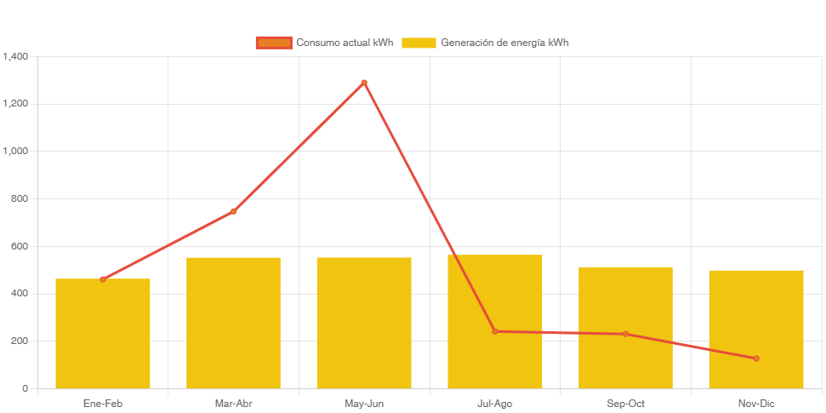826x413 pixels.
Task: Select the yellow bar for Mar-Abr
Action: click(233, 323)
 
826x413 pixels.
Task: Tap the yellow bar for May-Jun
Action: click(364, 323)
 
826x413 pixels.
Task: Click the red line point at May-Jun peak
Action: click(364, 83)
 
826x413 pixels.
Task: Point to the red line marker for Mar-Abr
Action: click(233, 211)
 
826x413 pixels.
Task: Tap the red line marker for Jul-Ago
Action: click(494, 331)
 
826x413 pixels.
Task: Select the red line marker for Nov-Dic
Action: click(755, 359)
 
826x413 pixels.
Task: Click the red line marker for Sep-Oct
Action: click(625, 334)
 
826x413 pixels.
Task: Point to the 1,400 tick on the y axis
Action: click(15, 56)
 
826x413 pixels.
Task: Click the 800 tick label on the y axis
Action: click(19, 198)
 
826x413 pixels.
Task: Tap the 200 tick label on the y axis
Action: click(19, 341)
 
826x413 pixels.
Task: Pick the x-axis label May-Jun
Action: click(364, 404)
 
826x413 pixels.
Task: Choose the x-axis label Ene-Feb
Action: click(103, 404)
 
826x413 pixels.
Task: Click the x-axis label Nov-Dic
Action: click(755, 404)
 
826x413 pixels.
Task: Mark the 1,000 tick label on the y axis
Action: click(15, 151)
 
